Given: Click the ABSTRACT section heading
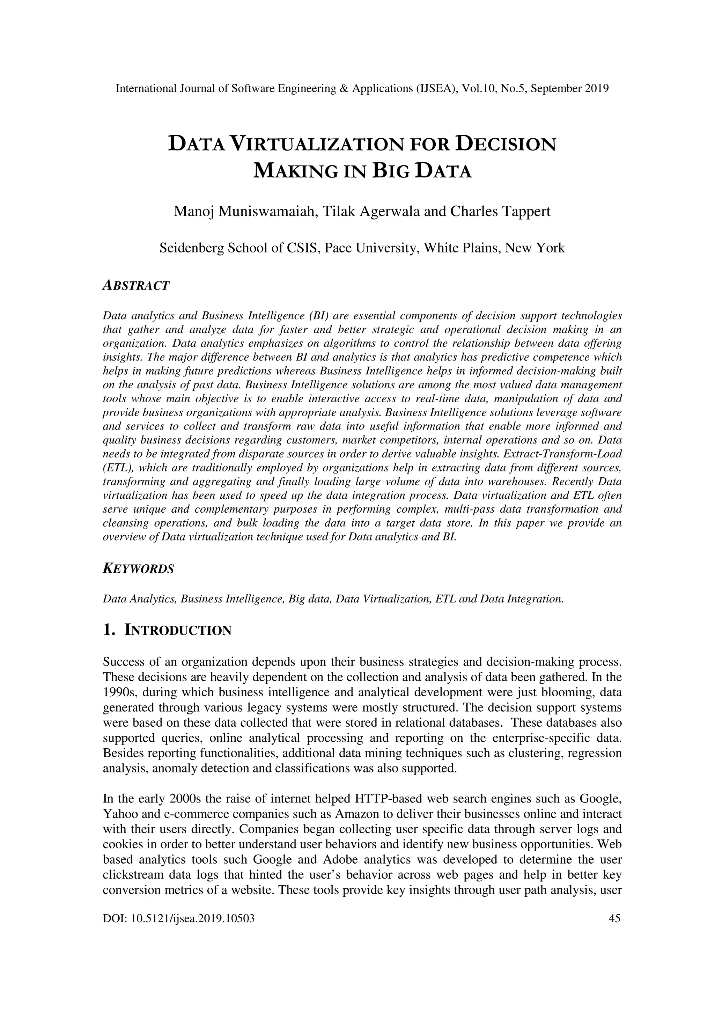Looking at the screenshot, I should coord(136,286).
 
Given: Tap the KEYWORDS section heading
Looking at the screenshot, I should coord(138,569).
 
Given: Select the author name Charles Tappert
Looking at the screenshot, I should coord(500,212).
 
